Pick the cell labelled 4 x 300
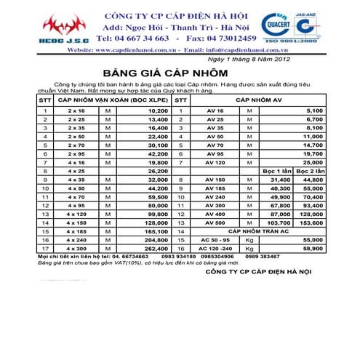pos(76,247)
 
